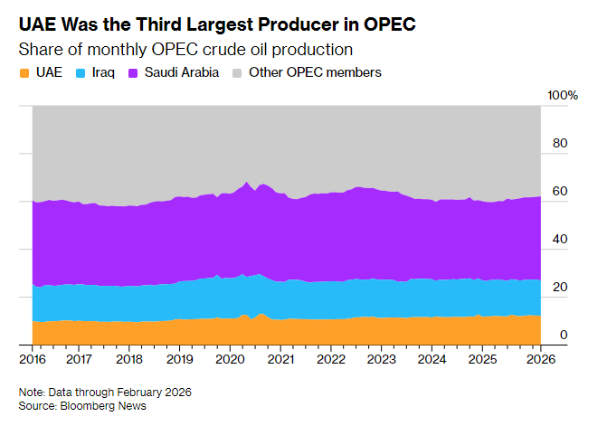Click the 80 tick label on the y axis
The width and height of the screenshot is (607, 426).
click(x=560, y=144)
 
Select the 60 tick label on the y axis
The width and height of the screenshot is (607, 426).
click(x=560, y=192)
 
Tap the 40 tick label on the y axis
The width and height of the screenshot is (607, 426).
click(x=560, y=240)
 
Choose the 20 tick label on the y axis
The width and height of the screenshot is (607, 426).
click(x=560, y=288)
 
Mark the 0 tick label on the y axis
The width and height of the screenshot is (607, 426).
click(x=563, y=335)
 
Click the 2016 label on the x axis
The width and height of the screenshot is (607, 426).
click(x=32, y=359)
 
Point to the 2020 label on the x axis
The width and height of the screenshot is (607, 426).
click(x=230, y=359)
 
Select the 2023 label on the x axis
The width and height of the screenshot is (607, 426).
click(x=382, y=359)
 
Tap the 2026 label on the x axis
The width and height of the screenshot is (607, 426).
click(x=540, y=359)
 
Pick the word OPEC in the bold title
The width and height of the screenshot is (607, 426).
click(x=391, y=21)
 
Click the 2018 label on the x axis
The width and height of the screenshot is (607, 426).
click(x=129, y=359)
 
